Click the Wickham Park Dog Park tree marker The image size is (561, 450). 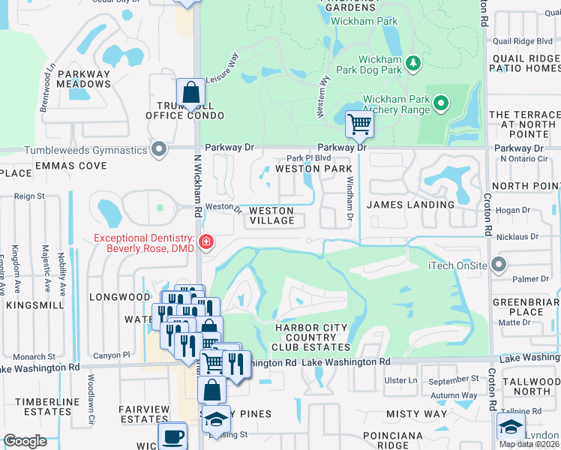click(x=412, y=64)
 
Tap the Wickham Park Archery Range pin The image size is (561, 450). click(x=442, y=102)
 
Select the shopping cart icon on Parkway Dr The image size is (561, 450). click(x=359, y=124)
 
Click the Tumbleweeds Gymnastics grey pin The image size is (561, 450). click(x=158, y=148)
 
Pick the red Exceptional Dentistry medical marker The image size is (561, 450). click(x=205, y=242)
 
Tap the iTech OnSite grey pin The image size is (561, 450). click(x=500, y=265)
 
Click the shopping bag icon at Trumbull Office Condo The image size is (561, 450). click(x=191, y=92)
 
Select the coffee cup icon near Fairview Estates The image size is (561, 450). click(x=173, y=436)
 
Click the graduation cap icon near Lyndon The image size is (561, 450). click(x=510, y=427)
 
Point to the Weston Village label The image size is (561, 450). click(x=271, y=215)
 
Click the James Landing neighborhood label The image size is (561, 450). click(x=410, y=204)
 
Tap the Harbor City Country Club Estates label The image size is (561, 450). click(x=311, y=337)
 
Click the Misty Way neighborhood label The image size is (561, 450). click(x=415, y=413)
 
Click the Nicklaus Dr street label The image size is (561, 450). click(x=523, y=237)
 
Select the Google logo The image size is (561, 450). click(x=25, y=441)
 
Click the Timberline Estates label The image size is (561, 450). click(x=47, y=406)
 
